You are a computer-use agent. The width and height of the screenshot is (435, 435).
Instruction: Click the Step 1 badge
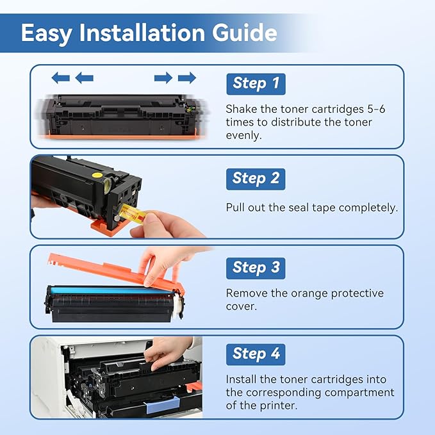tap(256, 84)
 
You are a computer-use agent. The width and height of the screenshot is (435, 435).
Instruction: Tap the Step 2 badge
tap(256, 179)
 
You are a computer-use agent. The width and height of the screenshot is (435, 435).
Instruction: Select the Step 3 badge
tap(256, 268)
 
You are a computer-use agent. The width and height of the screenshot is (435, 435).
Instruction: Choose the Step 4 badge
tap(256, 354)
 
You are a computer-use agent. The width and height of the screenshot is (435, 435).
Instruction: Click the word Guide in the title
tap(245, 33)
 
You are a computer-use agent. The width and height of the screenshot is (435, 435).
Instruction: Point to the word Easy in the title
tap(47, 34)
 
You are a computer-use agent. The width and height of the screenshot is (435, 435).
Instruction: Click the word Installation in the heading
tap(142, 33)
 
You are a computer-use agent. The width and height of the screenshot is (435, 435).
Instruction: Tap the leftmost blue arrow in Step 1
tap(60, 78)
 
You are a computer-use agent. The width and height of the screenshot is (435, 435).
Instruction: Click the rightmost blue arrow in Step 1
tap(187, 78)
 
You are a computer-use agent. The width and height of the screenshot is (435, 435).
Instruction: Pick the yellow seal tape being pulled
tap(133, 213)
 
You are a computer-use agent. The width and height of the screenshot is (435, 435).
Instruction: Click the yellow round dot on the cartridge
tap(97, 175)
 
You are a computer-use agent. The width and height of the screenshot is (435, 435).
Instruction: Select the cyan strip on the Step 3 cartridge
tap(111, 291)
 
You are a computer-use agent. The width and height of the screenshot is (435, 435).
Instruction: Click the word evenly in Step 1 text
tap(243, 136)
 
